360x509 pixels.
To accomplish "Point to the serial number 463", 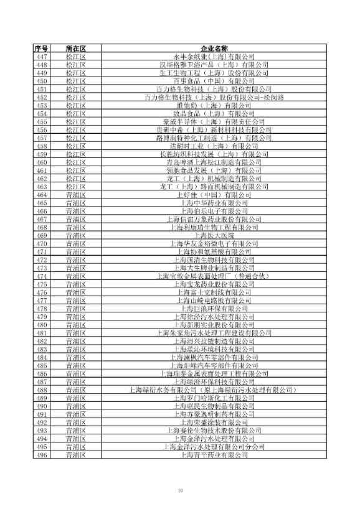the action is click(x=42, y=187).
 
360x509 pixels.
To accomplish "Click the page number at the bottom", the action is click(x=180, y=492).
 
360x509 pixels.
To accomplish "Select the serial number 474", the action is click(x=42, y=276).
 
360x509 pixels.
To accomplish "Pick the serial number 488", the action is click(x=42, y=390).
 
